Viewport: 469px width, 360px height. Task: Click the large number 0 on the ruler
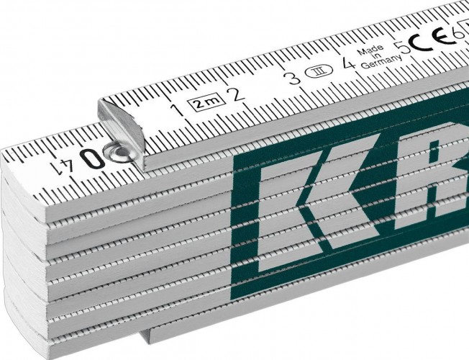[92, 159]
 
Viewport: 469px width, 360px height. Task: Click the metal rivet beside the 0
[115, 152]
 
